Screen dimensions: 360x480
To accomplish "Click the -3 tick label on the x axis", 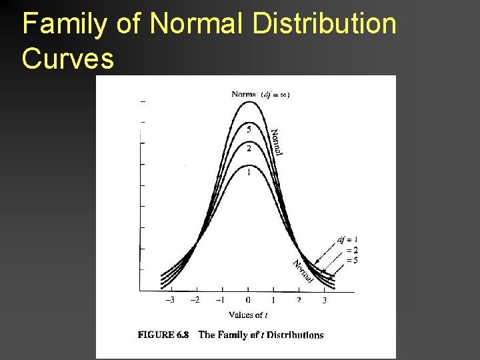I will coord(171,300).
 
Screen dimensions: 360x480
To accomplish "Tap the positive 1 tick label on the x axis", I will coord(273,300).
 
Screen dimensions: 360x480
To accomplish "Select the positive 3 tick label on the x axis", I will coord(325,300).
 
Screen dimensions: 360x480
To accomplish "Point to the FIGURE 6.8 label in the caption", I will coord(163,335).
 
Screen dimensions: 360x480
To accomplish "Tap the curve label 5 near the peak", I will coord(249,129).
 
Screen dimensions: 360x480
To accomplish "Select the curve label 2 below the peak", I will coord(249,148).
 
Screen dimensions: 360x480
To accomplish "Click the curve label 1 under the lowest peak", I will coord(249,173).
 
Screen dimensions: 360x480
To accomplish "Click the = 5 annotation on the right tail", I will coord(351,260).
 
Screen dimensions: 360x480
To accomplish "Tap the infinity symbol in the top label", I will coord(283,94).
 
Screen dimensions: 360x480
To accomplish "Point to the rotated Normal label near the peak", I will coord(277,141).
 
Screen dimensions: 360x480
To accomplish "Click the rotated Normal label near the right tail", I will coord(302,271).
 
